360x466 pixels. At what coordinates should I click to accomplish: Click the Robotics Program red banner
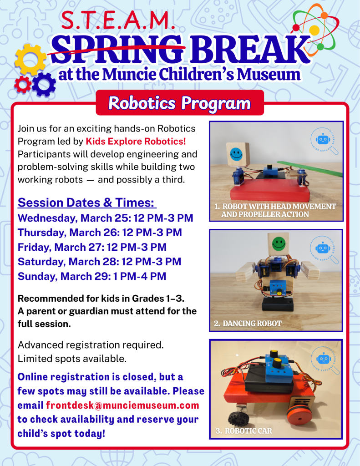click(x=179, y=103)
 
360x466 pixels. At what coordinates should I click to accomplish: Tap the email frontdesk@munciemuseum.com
click(x=122, y=405)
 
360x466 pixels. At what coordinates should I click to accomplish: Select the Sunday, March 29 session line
click(x=91, y=276)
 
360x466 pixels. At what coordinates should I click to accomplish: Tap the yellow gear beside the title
click(x=30, y=60)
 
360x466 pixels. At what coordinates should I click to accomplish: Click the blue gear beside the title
click(x=44, y=84)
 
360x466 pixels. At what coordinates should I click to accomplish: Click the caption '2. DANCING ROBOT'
click(x=248, y=324)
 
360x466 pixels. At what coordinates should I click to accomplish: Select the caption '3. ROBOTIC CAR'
click(x=243, y=431)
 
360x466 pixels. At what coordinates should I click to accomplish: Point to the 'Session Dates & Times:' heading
click(x=86, y=203)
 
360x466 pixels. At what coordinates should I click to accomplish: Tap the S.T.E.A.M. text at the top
click(x=117, y=21)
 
